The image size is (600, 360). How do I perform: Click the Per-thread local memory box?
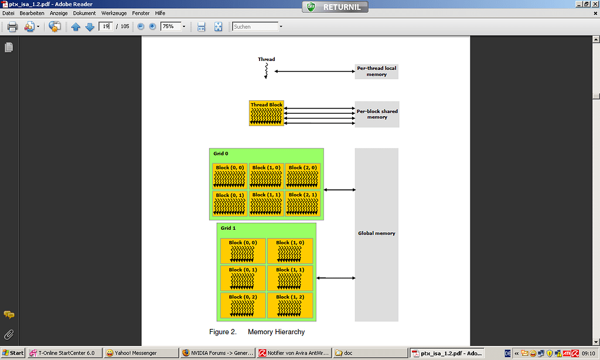(376, 72)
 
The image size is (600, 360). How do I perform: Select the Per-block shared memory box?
(376, 114)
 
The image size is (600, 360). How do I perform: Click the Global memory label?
(376, 233)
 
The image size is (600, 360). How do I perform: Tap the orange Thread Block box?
(267, 113)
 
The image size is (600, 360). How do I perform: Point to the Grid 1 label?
(228, 227)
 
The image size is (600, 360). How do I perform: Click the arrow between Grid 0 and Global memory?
(339, 189)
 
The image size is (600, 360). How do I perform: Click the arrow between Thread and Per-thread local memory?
(314, 72)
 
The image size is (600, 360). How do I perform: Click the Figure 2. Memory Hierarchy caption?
(257, 332)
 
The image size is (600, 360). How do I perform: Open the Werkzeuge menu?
(113, 13)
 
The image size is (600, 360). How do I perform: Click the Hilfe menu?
(160, 13)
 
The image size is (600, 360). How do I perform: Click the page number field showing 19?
(105, 26)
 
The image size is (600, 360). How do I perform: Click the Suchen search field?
(255, 26)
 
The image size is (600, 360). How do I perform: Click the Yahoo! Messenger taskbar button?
(140, 353)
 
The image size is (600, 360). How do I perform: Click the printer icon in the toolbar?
(12, 26)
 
